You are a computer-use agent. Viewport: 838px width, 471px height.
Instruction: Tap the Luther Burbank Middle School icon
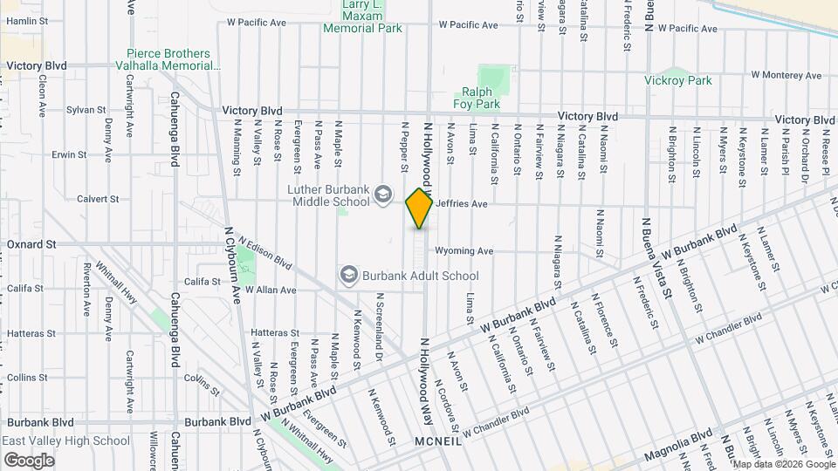coord(381,193)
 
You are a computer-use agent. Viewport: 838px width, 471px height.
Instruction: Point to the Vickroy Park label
coord(680,80)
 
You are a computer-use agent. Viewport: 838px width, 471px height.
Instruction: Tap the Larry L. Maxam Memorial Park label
coord(362,17)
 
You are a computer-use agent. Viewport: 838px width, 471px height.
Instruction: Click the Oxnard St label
coord(31,244)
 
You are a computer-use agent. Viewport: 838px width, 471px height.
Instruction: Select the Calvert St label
coord(97,199)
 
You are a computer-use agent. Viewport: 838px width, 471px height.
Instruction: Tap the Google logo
coord(29,460)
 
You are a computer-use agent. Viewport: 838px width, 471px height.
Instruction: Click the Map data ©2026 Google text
coord(782,464)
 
